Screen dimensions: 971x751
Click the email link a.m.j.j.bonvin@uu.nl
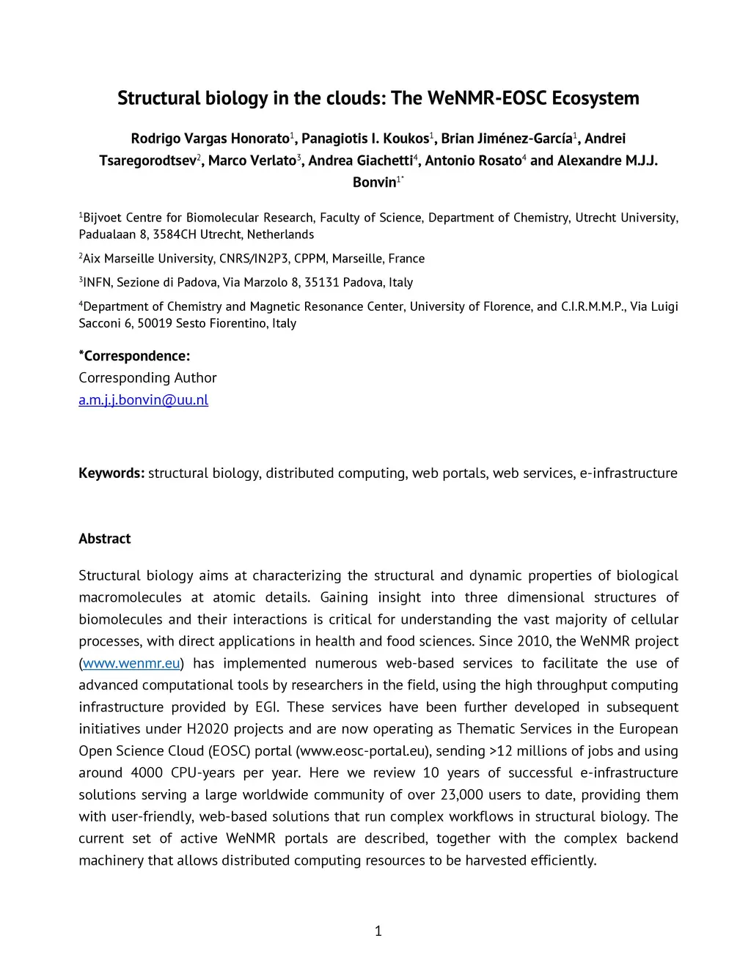[144, 400]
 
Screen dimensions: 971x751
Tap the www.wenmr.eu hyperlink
[131, 663]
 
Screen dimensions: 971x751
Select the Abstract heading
[105, 539]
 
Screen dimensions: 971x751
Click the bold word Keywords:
[111, 473]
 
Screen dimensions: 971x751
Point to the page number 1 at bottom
[378, 931]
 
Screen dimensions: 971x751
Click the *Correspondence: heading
[134, 356]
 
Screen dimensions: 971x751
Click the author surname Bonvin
[373, 182]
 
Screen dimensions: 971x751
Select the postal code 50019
[155, 323]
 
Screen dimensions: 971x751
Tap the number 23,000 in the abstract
[462, 795]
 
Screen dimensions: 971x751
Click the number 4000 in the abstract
[147, 773]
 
